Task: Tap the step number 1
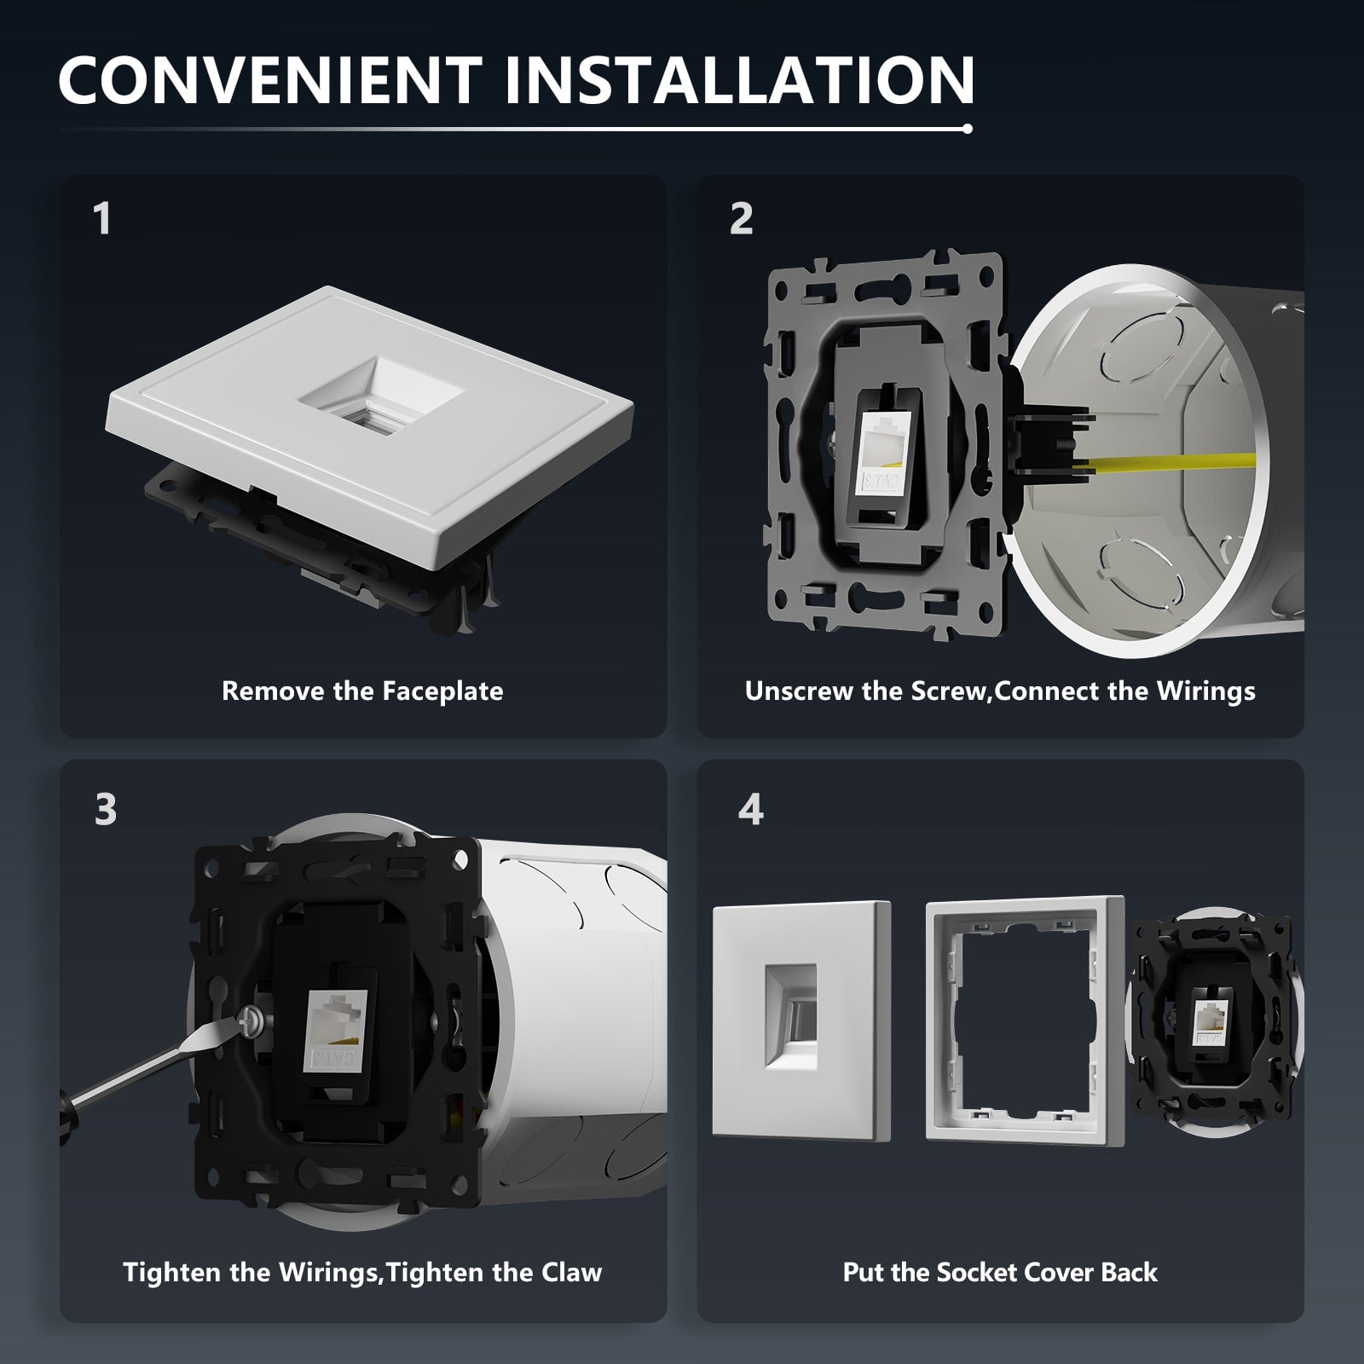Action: click(x=102, y=218)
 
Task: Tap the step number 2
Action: click(x=742, y=218)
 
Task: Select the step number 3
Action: click(x=106, y=809)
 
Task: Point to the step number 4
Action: click(x=750, y=809)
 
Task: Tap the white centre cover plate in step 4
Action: click(x=801, y=1022)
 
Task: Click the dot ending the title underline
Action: click(x=967, y=130)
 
